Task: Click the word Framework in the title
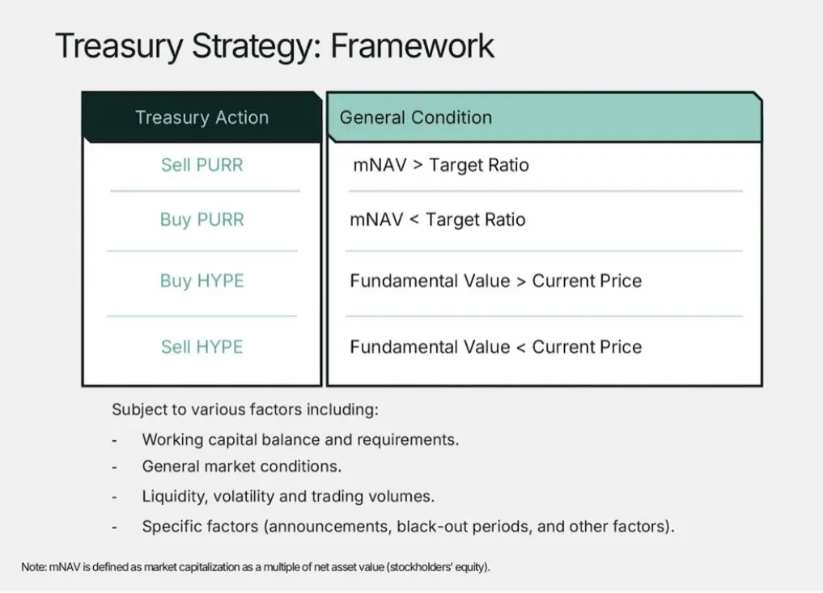[412, 46]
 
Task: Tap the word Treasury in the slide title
[119, 47]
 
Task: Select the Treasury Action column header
[202, 117]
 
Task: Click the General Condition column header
[416, 117]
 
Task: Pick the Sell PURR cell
[202, 165]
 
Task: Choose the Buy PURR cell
[202, 220]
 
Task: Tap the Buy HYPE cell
[202, 282]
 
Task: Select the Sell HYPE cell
[202, 347]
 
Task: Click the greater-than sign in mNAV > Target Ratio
[418, 166]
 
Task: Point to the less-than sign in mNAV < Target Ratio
[414, 220]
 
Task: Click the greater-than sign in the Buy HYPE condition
[521, 282]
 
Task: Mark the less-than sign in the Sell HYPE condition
[521, 347]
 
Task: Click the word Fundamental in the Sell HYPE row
[403, 347]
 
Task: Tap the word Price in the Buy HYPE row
[621, 281]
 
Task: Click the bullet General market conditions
[241, 467]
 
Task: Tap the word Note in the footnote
[34, 567]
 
